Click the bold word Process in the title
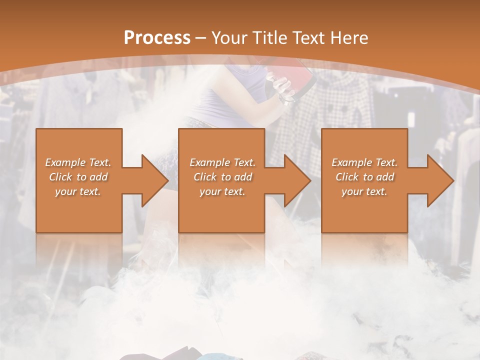(157, 38)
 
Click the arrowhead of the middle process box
(297, 180)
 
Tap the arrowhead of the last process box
(440, 180)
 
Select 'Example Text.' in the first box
(78, 162)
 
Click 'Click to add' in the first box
(78, 177)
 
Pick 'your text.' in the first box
(78, 191)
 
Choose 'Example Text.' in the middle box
(222, 162)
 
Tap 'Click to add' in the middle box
(222, 177)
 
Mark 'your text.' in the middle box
(222, 191)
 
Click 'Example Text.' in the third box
(364, 162)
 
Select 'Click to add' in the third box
(364, 177)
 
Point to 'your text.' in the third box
(364, 191)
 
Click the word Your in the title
(227, 38)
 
